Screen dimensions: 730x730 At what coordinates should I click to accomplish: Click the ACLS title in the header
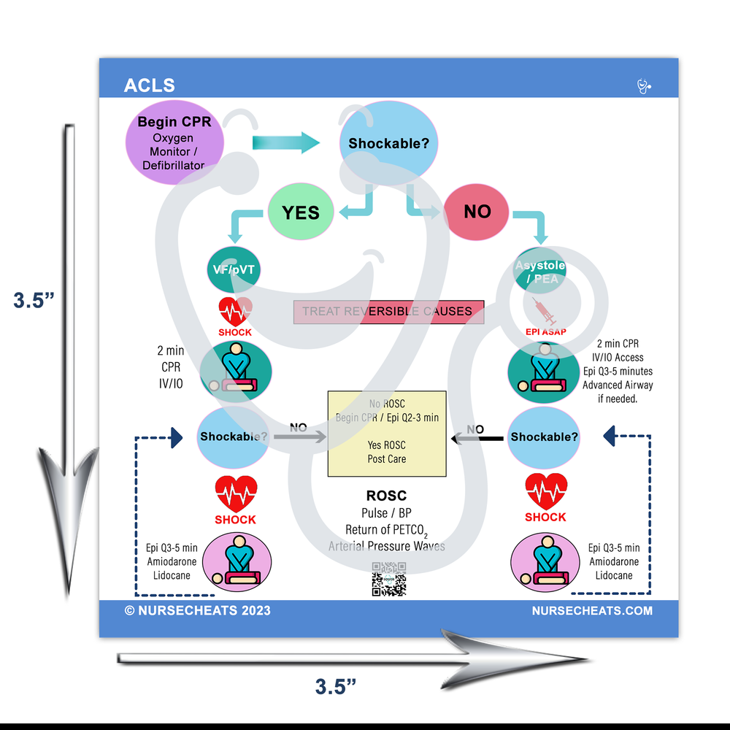tap(150, 85)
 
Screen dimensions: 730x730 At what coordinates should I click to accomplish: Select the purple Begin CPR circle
tap(174, 142)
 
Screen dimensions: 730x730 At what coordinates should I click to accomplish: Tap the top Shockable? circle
tap(389, 143)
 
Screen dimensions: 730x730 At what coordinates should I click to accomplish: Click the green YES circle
tap(301, 212)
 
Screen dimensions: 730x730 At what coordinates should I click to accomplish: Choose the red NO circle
tap(477, 212)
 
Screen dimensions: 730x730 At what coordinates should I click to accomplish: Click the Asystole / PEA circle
tap(540, 272)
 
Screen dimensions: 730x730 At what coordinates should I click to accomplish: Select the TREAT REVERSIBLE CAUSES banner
tap(388, 312)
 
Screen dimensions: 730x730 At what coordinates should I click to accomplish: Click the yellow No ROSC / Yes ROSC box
tap(387, 434)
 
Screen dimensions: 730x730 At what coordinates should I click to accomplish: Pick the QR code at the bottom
tap(388, 579)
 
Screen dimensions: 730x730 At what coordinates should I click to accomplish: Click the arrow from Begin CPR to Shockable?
tap(285, 142)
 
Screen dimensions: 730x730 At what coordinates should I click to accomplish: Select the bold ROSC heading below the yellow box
tap(386, 496)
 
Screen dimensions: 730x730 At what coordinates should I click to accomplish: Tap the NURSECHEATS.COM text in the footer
tap(592, 610)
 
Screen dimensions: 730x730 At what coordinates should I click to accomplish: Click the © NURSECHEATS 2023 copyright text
tap(197, 610)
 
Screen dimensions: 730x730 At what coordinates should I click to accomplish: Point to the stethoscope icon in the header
tap(643, 87)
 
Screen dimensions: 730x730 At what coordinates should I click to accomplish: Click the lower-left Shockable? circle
tap(234, 437)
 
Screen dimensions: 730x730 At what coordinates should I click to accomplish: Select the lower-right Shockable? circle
tap(544, 437)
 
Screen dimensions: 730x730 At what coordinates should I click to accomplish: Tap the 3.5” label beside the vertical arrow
tap(34, 301)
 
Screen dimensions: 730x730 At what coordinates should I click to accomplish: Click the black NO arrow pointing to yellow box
tap(477, 439)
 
